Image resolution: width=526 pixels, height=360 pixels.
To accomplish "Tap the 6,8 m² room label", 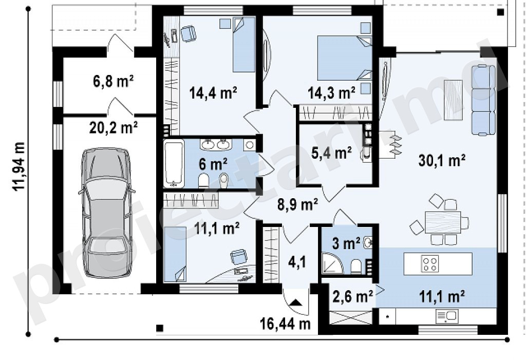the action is point(113,82).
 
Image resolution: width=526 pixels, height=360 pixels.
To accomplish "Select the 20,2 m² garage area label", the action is point(114,127).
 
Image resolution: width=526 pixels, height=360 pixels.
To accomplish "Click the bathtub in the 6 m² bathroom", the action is point(174,163).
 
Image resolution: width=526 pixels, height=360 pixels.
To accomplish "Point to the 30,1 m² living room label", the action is point(442,161).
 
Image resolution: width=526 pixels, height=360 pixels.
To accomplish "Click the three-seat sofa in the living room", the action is point(483,100).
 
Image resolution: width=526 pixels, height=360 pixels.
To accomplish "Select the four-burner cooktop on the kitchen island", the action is point(430,263).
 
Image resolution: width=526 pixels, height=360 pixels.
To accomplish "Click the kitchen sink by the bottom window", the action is point(446,316).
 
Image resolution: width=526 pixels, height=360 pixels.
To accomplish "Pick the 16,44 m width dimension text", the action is point(285,324).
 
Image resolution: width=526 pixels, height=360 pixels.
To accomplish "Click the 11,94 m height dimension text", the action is point(19,167).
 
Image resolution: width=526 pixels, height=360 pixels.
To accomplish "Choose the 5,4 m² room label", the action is point(331,154).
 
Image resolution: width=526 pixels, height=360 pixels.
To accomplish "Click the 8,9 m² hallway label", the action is point(298,204).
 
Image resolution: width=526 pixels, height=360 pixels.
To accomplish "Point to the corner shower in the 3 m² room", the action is point(332,262).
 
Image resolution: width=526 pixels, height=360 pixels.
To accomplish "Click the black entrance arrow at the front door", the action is point(296,302).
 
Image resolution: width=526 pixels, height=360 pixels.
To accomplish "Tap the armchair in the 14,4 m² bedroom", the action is point(188,34).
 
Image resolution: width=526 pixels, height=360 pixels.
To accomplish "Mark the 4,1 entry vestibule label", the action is point(297,262).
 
